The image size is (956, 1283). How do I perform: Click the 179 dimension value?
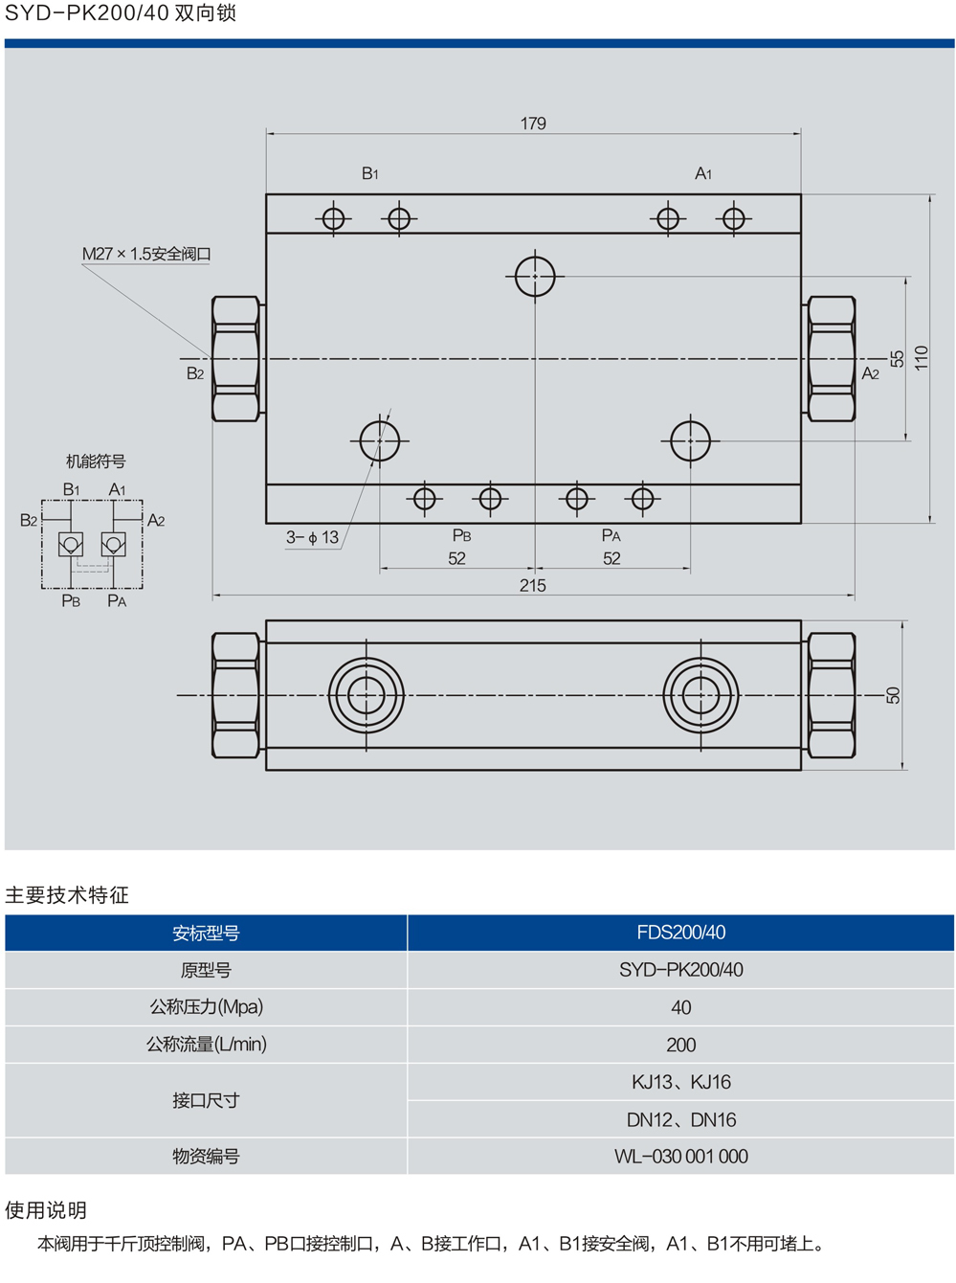pos(533,124)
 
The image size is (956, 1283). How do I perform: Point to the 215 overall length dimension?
pos(532,585)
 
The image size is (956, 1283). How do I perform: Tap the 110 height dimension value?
pos(921,358)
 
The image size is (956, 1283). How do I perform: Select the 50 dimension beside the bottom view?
pos(893,695)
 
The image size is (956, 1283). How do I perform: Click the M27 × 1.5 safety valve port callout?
pos(146,254)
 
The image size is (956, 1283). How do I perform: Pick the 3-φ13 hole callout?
pos(312,537)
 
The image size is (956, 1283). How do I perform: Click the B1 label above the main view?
pos(370,173)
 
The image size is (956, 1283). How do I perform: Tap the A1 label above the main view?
pos(703,173)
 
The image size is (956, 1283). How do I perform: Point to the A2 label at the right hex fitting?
pos(870,373)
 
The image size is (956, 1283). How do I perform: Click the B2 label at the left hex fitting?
pos(195,373)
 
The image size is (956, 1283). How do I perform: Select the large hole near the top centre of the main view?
pos(535,277)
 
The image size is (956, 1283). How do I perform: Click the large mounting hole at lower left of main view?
pos(380,441)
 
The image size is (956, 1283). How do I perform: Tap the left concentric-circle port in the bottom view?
pos(366,695)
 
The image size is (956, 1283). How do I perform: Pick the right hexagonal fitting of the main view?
pos(831,359)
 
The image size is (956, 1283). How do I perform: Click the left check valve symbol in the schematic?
pos(71,545)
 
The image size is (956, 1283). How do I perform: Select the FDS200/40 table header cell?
pos(680,933)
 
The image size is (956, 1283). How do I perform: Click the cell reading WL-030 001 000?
pos(680,1157)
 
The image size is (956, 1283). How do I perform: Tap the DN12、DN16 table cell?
pos(680,1119)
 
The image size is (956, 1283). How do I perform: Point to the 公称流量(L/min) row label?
pos(206,1045)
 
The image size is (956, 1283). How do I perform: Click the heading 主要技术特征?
pos(67,895)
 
